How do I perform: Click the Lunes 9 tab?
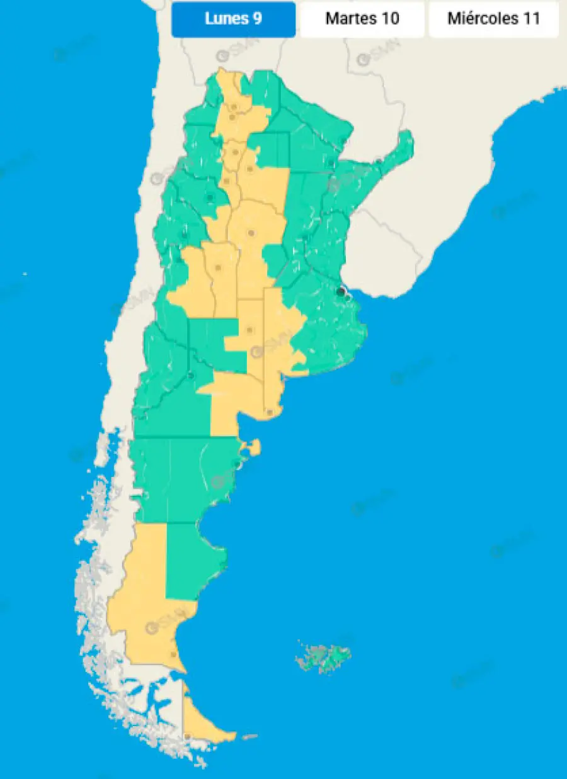(x=233, y=19)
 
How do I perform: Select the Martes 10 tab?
(x=362, y=19)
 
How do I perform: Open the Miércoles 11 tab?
(x=494, y=19)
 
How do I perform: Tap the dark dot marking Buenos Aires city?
(x=341, y=291)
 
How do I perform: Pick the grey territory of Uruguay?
(x=384, y=252)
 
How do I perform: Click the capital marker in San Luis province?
(x=219, y=267)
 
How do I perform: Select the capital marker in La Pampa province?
(x=250, y=329)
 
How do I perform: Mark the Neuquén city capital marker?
(x=191, y=376)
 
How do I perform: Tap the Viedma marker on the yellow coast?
(x=270, y=412)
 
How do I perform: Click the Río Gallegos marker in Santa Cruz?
(x=174, y=654)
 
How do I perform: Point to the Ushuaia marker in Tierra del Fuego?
(x=188, y=736)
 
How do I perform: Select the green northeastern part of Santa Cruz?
(x=189, y=560)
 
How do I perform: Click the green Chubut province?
(x=183, y=478)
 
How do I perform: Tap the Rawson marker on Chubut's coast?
(x=238, y=464)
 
